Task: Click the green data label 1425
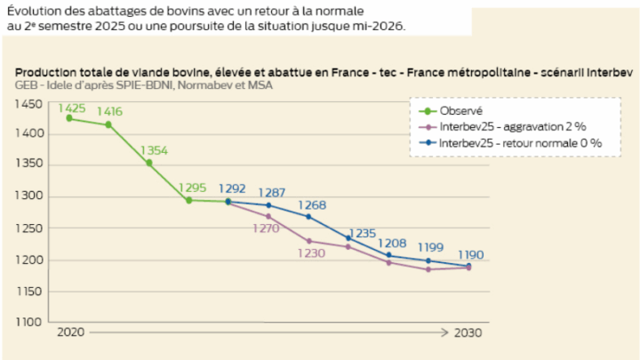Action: point(72,109)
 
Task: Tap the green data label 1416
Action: point(110,112)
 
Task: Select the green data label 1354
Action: point(154,150)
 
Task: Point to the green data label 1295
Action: point(193,188)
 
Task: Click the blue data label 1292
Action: point(232,188)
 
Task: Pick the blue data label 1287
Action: point(272,192)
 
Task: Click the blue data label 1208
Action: point(392,243)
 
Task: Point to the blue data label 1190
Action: point(470,254)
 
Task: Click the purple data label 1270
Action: point(266,228)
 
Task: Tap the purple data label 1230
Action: point(310,253)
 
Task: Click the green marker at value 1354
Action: point(149,163)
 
